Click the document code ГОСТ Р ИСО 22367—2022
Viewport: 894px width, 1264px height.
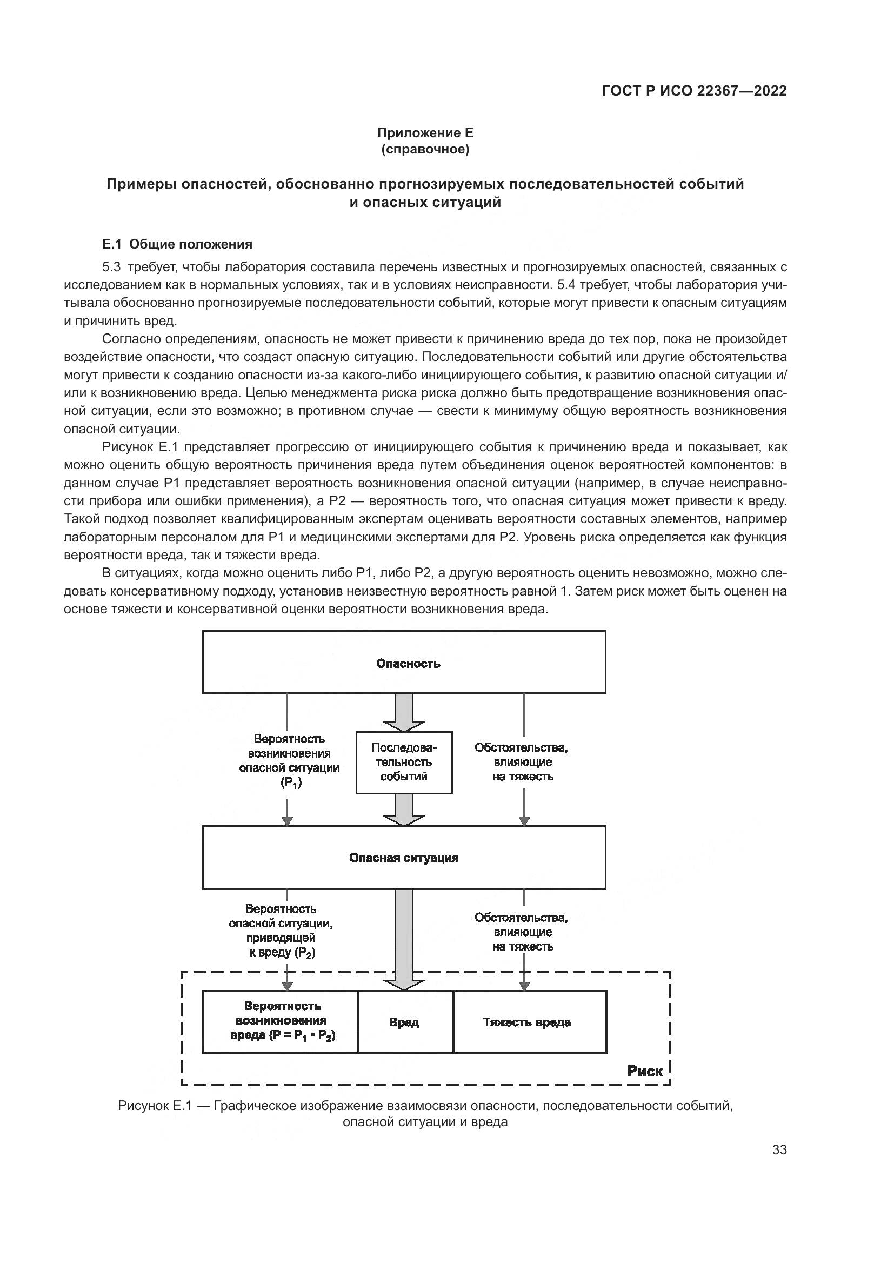[x=694, y=91]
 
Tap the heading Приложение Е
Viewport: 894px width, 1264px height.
[x=425, y=133]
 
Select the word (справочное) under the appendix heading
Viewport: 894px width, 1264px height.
[x=425, y=150]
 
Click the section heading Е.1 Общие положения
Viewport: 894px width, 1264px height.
[x=177, y=244]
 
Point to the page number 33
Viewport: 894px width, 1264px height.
[x=779, y=1150]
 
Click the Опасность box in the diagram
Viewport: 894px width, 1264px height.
[x=404, y=662]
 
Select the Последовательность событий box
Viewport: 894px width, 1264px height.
[x=404, y=763]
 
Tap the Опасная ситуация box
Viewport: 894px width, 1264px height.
[x=404, y=858]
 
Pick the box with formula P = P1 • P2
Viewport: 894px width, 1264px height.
[x=281, y=1022]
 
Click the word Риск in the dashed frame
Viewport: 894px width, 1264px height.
[x=645, y=1071]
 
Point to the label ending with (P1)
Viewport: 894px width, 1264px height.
[x=289, y=761]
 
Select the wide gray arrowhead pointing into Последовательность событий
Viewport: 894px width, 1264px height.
[x=404, y=726]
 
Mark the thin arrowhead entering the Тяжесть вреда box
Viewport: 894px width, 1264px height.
[x=524, y=986]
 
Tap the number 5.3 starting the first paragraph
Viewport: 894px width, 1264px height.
[x=111, y=267]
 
